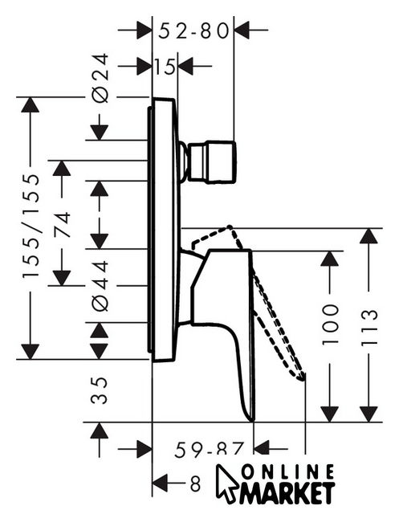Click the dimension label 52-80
point(193,31)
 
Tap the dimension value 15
point(165,67)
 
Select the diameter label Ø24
point(100,79)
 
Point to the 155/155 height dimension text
point(31,226)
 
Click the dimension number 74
point(62,225)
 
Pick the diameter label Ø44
point(100,286)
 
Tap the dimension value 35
point(100,390)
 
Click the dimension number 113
point(369,328)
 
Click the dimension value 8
point(195,483)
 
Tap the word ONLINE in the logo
point(287,472)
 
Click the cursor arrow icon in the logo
point(227,483)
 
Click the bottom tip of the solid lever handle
point(251,421)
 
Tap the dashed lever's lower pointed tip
point(302,380)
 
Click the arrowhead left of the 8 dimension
point(161,483)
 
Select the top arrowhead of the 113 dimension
point(368,235)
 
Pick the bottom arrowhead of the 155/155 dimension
point(31,352)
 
